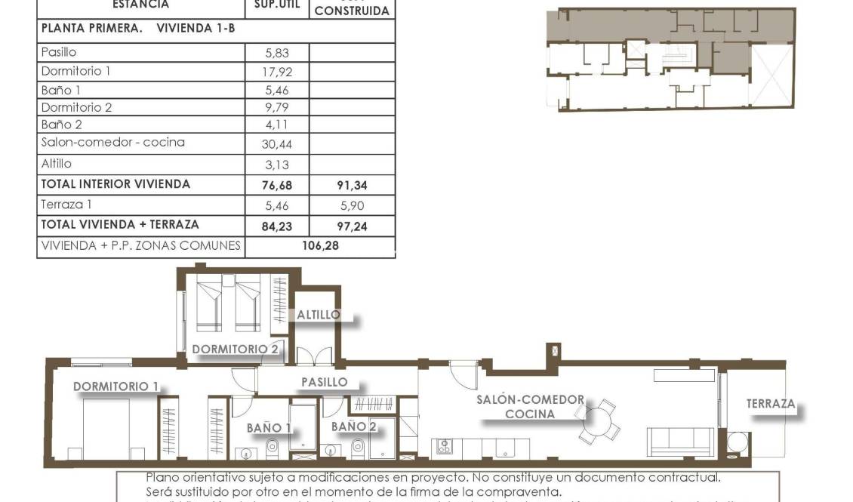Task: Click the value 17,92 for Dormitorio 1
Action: pyautogui.click(x=277, y=72)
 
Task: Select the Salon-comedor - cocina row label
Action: pyautogui.click(x=112, y=142)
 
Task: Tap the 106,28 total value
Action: pyautogui.click(x=321, y=245)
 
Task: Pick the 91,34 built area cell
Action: pyautogui.click(x=352, y=184)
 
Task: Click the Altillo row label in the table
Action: pyautogui.click(x=57, y=163)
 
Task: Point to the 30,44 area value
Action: pyautogui.click(x=277, y=143)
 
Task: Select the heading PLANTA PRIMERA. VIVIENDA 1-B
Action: pyautogui.click(x=140, y=29)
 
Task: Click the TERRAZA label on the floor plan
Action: pyautogui.click(x=771, y=404)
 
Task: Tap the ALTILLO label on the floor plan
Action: pyautogui.click(x=318, y=314)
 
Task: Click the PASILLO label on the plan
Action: pyautogui.click(x=324, y=382)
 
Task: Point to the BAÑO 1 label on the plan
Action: pyautogui.click(x=269, y=428)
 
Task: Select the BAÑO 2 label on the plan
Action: pyautogui.click(x=353, y=427)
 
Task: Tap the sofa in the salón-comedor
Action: pyautogui.click(x=679, y=441)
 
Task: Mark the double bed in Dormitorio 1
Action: pyautogui.click(x=106, y=427)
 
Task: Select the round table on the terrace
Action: pyautogui.click(x=737, y=442)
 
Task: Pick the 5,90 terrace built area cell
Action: pyautogui.click(x=352, y=205)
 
